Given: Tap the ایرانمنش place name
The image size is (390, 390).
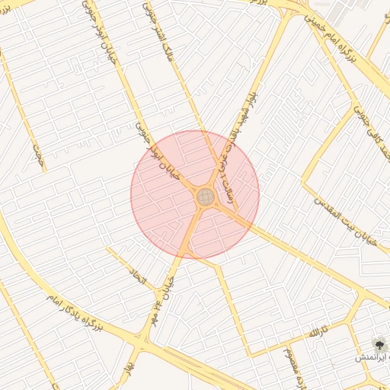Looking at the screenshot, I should pos(371,356).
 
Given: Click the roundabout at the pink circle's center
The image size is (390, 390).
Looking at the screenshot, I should pos(205,197).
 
